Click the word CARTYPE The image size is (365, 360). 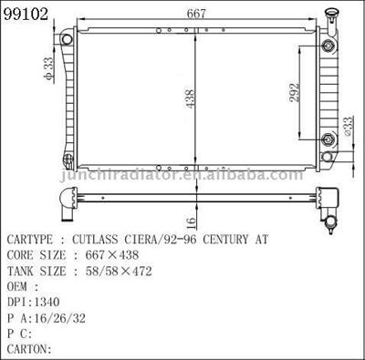tap(35, 240)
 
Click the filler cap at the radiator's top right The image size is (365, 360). tap(331, 16)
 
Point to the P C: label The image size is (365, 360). tap(20, 334)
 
